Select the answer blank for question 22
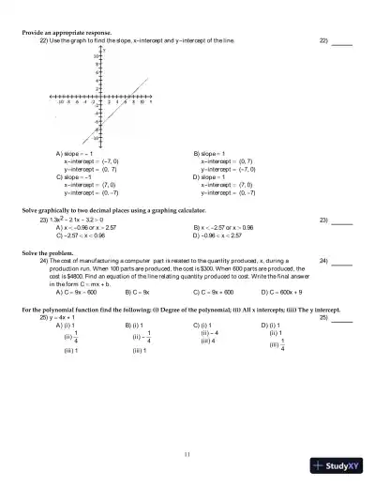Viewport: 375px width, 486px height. point(342,42)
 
